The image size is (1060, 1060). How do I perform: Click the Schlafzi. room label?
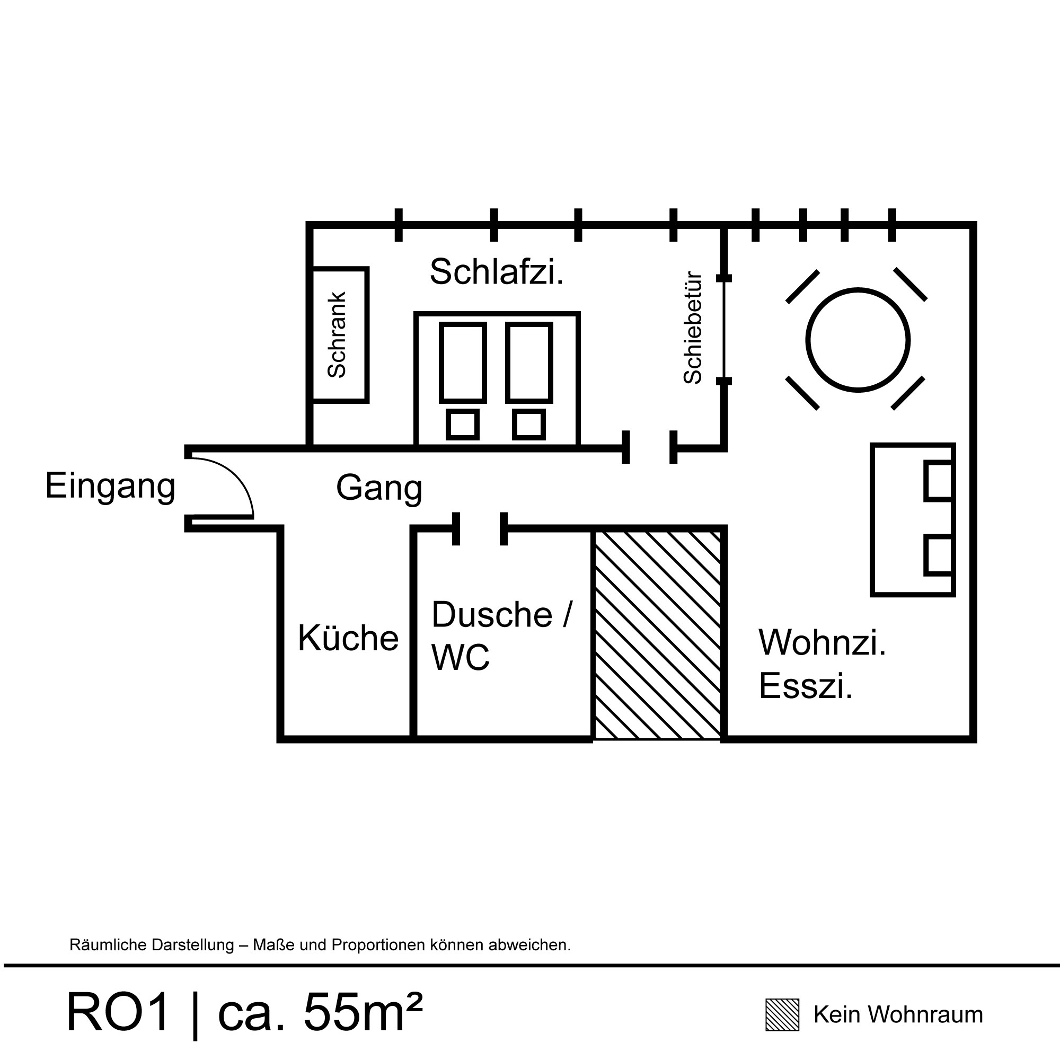[496, 271]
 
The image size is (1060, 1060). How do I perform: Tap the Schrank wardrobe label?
[337, 334]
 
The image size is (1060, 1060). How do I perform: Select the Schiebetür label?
[693, 328]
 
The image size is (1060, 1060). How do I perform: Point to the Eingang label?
[110, 486]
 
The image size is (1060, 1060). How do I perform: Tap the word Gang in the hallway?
[378, 488]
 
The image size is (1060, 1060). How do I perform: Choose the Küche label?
[348, 638]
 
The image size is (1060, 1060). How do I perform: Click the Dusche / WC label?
[501, 635]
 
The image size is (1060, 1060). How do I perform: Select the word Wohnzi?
[822, 642]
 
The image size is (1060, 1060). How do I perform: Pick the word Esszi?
[806, 686]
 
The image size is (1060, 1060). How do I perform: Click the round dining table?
[858, 340]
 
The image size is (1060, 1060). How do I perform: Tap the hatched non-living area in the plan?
[657, 634]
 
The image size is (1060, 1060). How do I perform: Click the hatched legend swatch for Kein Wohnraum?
[782, 1015]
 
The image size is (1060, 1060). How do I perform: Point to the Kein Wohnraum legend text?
[898, 1015]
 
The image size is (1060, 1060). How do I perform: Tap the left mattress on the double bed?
[463, 363]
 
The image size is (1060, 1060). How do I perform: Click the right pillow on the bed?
[529, 425]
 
